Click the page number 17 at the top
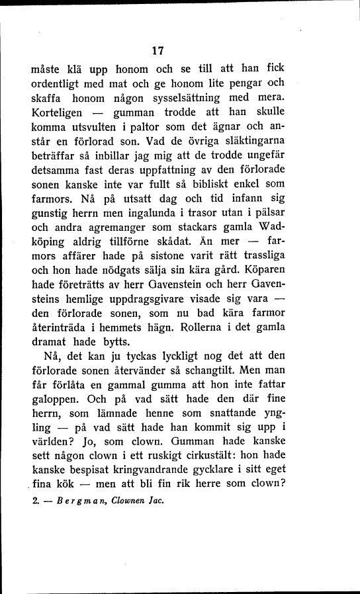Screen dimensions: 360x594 tap(157, 50)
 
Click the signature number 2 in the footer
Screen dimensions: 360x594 tap(35, 501)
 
